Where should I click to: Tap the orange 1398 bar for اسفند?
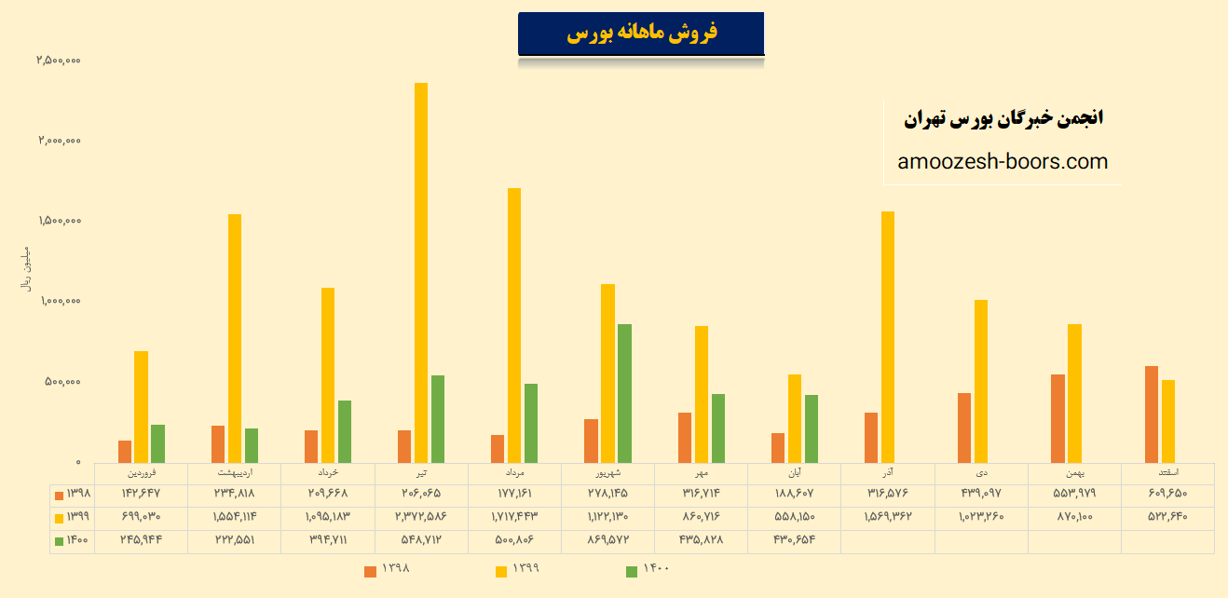coord(1152,414)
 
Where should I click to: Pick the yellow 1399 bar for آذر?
coord(888,336)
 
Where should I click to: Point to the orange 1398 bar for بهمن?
coord(1057,418)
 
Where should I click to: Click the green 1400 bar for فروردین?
coord(157,443)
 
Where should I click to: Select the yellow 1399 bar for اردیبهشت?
coord(235,338)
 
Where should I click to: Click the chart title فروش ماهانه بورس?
coord(641,34)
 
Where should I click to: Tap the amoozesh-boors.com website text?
coord(1003,161)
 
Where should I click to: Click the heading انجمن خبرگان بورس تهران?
coord(1003,118)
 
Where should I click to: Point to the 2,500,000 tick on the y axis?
coord(59,61)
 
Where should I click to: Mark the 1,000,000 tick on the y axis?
coord(59,301)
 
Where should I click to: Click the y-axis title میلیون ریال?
coord(26,270)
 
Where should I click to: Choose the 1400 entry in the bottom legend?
coord(647,569)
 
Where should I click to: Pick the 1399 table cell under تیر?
coord(421,516)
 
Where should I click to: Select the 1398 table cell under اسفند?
coord(1167,494)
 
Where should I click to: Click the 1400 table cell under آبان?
coord(794,539)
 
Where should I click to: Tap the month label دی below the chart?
coord(980,472)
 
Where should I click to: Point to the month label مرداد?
coord(514,472)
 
